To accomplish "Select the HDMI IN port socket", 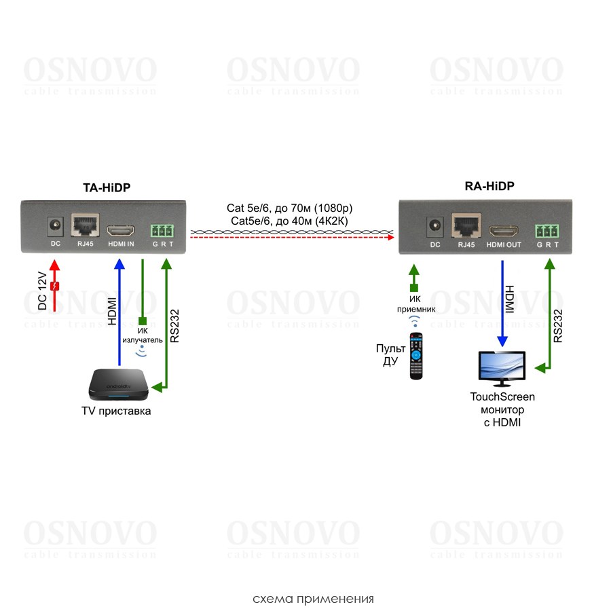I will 122,229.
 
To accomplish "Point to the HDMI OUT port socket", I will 503,229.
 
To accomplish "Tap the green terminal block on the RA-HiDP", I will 547,229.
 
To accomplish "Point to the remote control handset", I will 416,356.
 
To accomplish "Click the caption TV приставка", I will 115,411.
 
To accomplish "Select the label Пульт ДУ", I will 390,354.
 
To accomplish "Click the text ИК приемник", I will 417,303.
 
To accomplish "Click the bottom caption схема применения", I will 313,599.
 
